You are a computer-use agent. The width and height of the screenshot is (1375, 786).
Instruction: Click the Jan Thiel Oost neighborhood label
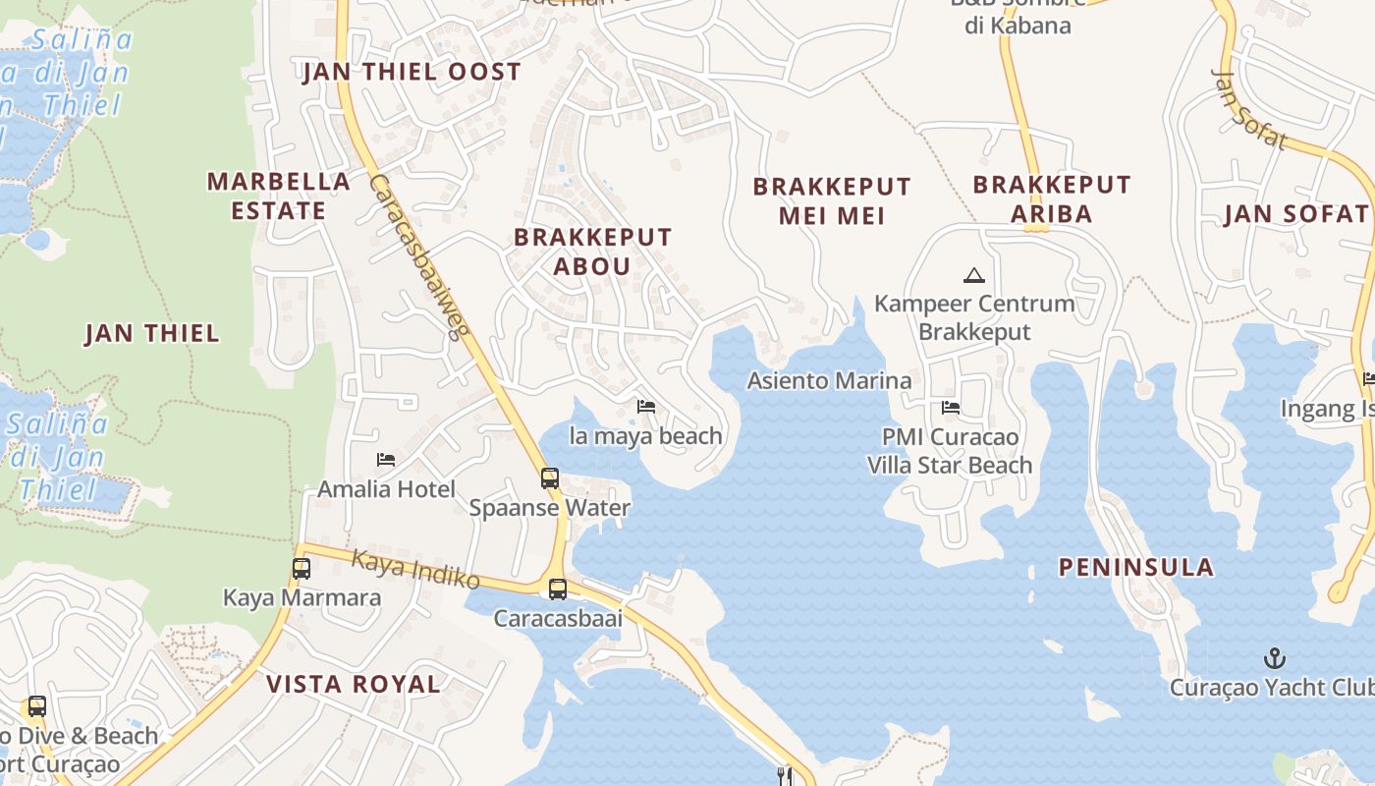(412, 72)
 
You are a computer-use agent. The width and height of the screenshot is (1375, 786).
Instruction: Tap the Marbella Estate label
(279, 196)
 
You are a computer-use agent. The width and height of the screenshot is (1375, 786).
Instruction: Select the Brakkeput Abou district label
(592, 252)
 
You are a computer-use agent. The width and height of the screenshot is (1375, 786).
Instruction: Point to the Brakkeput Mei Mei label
(832, 200)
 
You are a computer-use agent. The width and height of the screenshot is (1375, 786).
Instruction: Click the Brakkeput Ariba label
(1051, 199)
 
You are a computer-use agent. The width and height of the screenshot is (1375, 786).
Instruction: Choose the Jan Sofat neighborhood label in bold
(1295, 214)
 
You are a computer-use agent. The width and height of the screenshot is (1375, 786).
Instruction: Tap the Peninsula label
(1135, 567)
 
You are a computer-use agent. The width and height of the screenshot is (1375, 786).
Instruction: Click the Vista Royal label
(354, 685)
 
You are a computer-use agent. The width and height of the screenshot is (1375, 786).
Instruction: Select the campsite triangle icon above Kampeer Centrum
(973, 275)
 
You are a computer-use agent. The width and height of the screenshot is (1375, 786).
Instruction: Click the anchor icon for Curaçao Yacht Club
(1274, 657)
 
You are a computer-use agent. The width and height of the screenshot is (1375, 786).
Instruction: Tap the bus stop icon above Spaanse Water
(550, 478)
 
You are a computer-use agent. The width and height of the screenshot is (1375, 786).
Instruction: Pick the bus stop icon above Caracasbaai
(557, 589)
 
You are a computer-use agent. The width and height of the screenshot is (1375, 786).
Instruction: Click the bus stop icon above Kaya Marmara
(302, 568)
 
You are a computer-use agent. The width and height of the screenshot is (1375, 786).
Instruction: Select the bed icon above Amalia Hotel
(386, 460)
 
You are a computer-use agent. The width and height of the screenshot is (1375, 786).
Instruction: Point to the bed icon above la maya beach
(646, 407)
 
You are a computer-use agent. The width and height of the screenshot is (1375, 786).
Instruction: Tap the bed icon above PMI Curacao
(950, 408)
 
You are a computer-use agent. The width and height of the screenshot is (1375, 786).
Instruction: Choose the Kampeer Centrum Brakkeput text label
(974, 317)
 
